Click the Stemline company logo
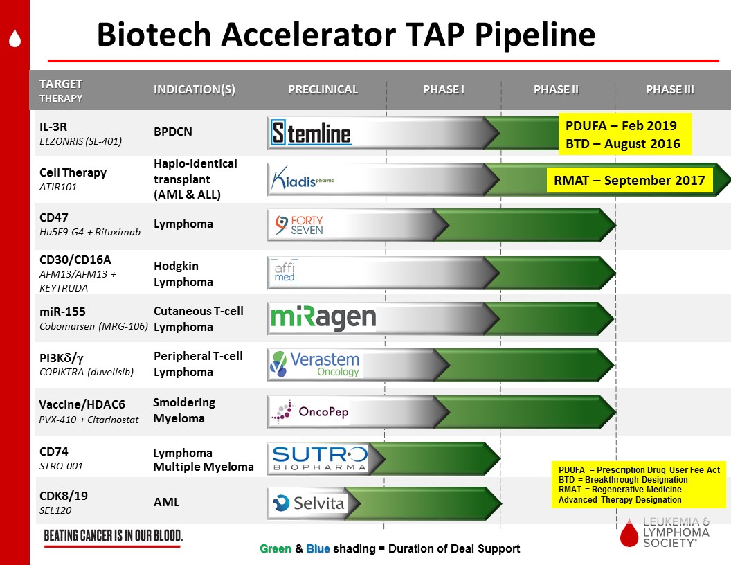tap(311, 133)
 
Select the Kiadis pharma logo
tap(303, 179)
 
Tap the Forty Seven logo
tap(299, 225)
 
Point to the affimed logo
tap(285, 272)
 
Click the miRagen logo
tap(323, 318)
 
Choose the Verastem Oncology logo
tap(316, 364)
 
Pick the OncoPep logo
tap(310, 411)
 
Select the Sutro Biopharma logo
tap(320, 458)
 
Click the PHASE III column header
tap(670, 89)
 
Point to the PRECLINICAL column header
tap(323, 89)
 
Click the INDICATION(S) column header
tap(195, 89)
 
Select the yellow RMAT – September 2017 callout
tap(629, 181)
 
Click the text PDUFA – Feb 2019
tap(621, 126)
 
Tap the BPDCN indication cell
tap(173, 132)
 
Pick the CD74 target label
tap(53, 451)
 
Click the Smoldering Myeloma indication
tap(184, 410)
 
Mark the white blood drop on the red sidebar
tap(15, 38)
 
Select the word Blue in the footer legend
tap(318, 548)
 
